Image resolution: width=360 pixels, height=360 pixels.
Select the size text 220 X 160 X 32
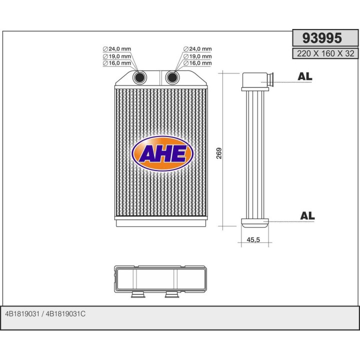(x=325, y=53)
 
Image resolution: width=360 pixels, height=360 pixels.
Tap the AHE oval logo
(x=162, y=153)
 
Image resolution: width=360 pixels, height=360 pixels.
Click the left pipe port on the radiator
(x=140, y=77)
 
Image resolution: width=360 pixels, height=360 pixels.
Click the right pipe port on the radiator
(x=172, y=77)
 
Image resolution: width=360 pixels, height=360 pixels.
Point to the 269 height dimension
(x=219, y=153)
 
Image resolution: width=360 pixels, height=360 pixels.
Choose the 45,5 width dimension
(x=253, y=240)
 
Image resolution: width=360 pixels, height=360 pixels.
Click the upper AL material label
(x=304, y=76)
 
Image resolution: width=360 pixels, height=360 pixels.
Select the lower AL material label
(x=307, y=215)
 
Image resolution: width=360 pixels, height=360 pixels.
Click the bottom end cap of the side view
(x=255, y=222)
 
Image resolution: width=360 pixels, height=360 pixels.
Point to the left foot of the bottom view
(x=136, y=295)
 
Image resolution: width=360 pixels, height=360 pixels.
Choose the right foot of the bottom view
(x=171, y=295)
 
